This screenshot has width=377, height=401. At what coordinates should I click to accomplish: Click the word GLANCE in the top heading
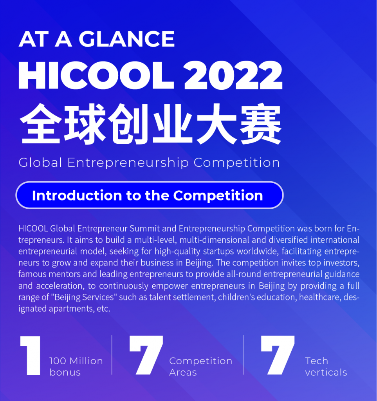click(x=126, y=39)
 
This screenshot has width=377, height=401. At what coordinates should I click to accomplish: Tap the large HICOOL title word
click(x=96, y=76)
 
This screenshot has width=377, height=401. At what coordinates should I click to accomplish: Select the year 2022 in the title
click(x=233, y=76)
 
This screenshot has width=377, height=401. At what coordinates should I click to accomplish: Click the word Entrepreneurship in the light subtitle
click(x=128, y=163)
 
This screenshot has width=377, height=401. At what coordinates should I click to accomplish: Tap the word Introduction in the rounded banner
click(x=77, y=196)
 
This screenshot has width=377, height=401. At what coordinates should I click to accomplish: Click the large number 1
click(x=31, y=356)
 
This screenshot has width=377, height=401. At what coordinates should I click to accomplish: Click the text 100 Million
click(x=76, y=361)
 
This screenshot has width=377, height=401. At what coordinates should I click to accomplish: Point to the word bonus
click(x=65, y=372)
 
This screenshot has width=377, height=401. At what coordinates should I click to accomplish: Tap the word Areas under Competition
click(x=183, y=372)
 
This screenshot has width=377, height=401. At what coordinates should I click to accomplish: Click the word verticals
click(x=326, y=372)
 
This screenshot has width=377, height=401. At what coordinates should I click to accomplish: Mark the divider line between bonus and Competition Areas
click(x=112, y=355)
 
